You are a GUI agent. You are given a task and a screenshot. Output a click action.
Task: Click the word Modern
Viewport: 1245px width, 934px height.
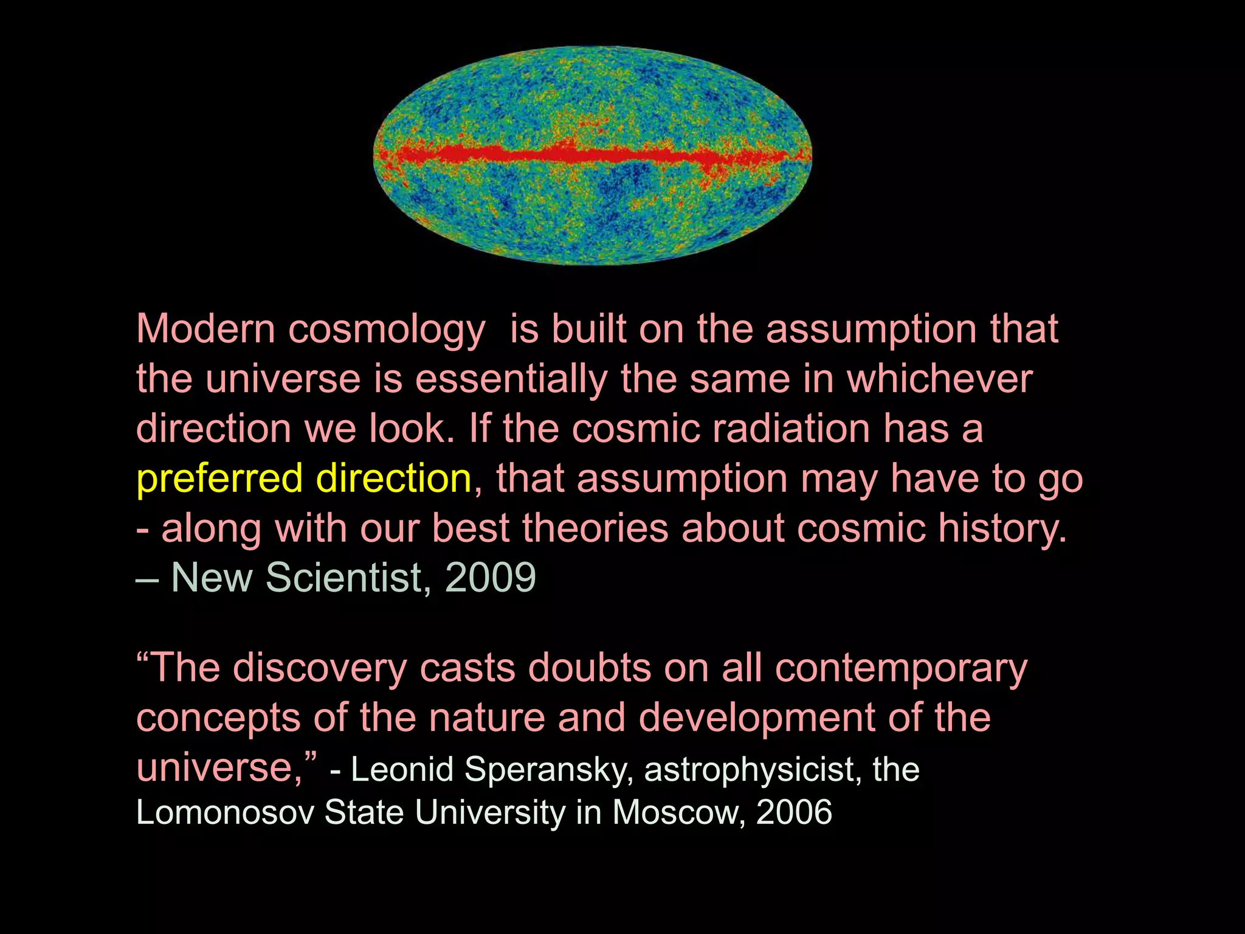206,329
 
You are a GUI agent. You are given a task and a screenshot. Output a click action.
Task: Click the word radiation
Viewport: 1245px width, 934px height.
791,429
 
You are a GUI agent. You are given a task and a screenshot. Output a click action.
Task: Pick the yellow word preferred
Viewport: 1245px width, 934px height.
219,480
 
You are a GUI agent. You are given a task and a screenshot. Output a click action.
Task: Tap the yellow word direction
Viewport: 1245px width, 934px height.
394,479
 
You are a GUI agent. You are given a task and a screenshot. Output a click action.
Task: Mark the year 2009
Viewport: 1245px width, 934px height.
491,577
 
